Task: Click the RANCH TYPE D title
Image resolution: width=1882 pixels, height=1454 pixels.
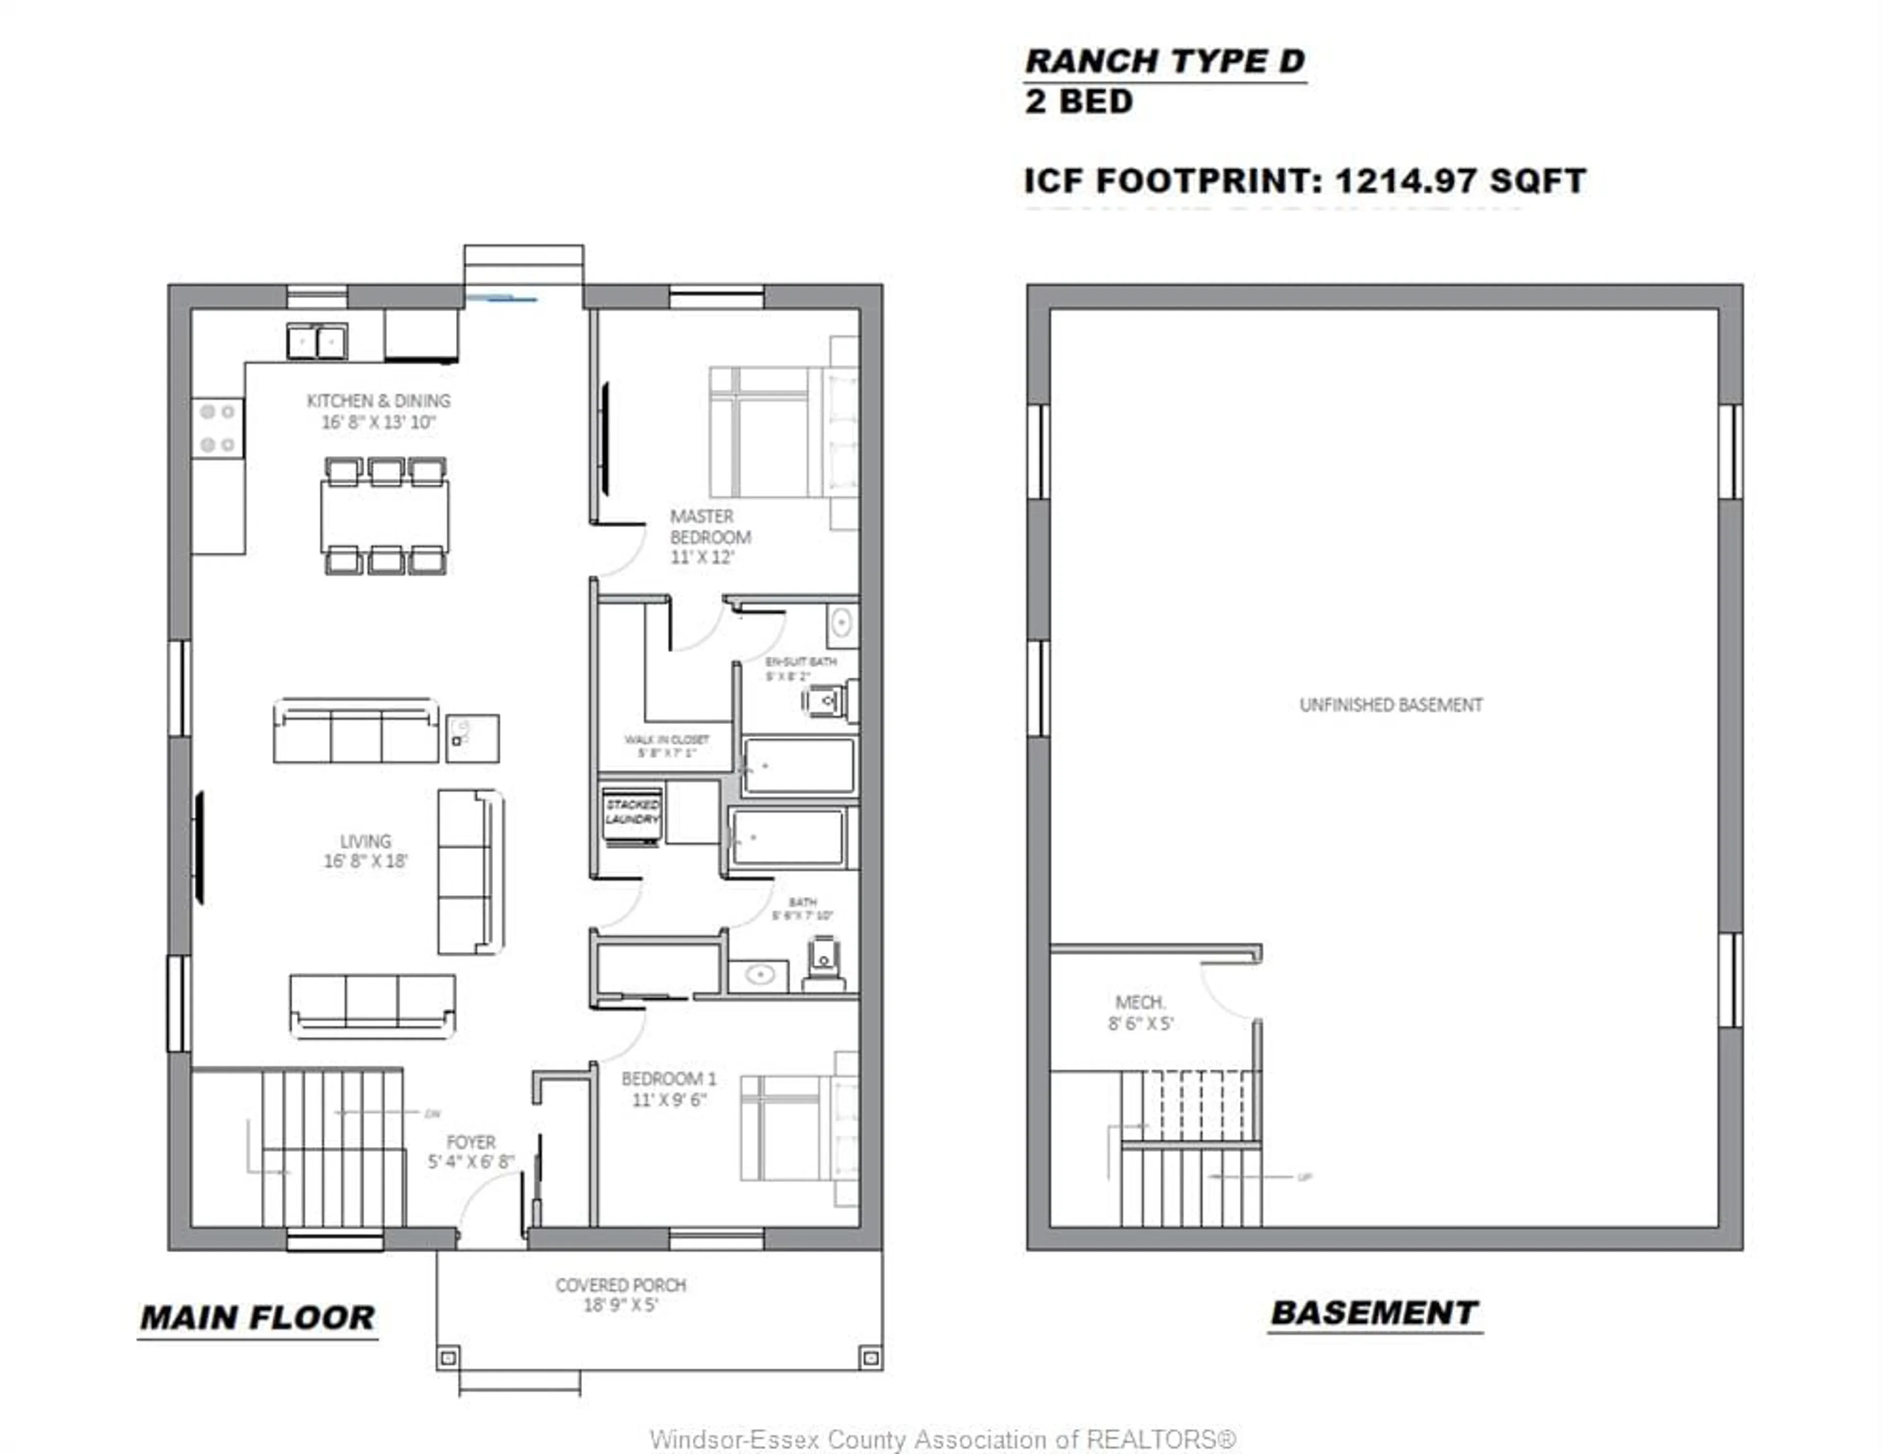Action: [1164, 61]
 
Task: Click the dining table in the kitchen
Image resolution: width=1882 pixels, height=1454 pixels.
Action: [384, 516]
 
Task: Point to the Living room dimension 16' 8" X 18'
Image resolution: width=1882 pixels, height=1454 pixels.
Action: [365, 861]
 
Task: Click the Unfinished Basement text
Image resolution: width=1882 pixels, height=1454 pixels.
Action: [1390, 705]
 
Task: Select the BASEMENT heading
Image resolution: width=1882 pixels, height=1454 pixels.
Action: [1374, 1313]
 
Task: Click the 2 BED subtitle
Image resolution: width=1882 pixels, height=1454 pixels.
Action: [1078, 102]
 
